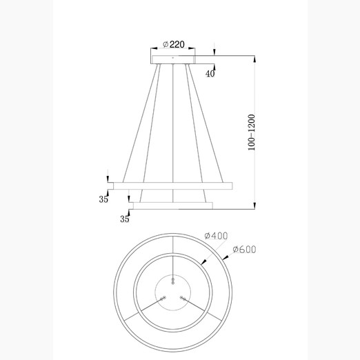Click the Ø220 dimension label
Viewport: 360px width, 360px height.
click(174, 44)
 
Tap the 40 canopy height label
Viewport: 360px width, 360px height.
click(210, 74)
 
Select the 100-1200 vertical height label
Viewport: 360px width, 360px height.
click(252, 132)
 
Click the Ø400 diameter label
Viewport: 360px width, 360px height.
click(216, 236)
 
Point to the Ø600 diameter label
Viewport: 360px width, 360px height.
click(244, 250)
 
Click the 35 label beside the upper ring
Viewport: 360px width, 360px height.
click(103, 199)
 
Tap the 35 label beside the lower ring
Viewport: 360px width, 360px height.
click(125, 219)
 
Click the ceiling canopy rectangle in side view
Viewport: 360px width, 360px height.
click(173, 59)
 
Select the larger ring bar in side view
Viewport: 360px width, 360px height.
click(173, 186)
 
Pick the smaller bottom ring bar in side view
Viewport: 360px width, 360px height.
click(173, 206)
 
